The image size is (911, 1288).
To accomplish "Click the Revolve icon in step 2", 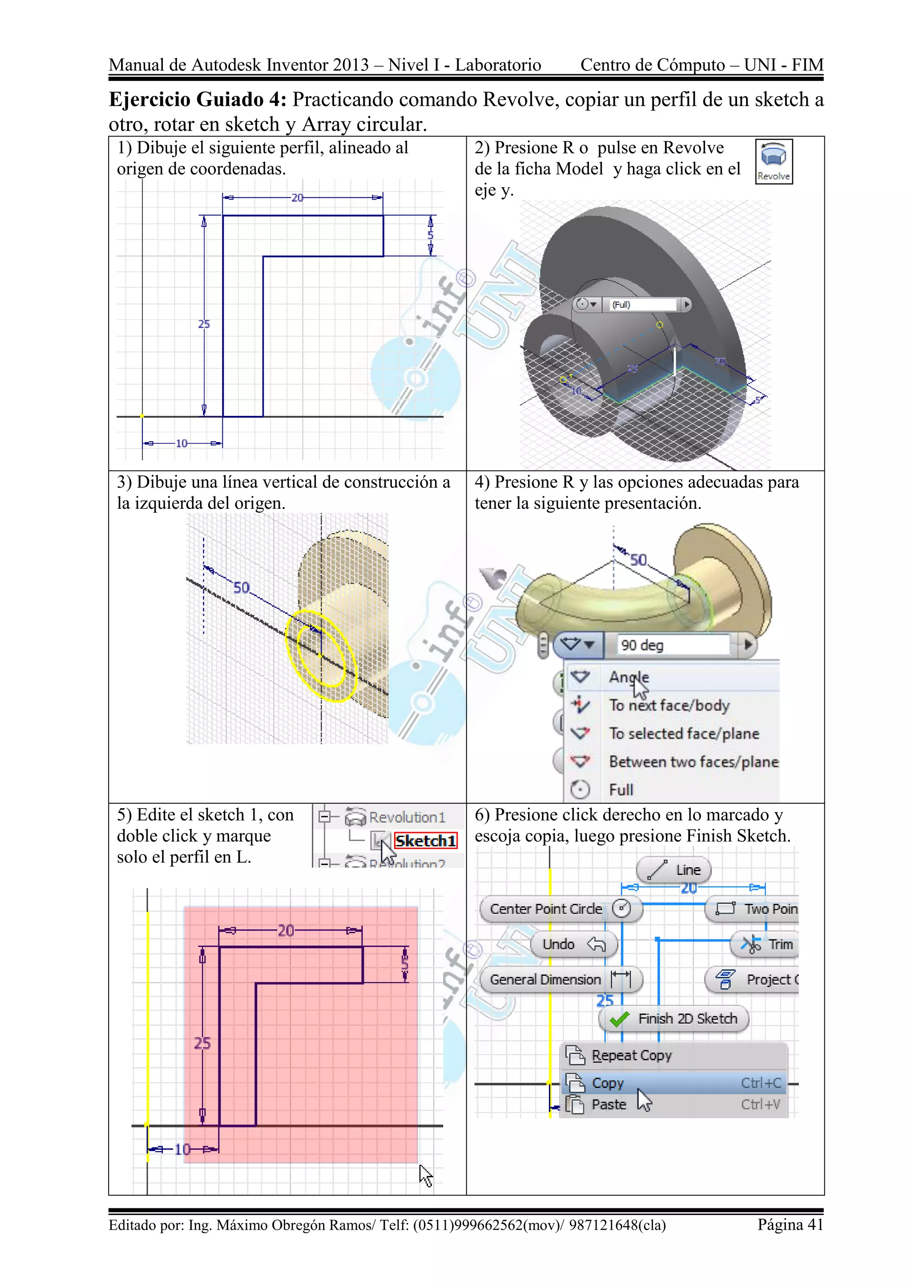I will pos(774,161).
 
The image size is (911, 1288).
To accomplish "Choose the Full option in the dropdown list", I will pos(621,790).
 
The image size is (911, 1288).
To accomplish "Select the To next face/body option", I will pos(669,705).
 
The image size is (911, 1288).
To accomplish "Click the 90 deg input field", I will pos(673,645).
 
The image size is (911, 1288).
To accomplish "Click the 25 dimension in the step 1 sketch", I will pos(204,324).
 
